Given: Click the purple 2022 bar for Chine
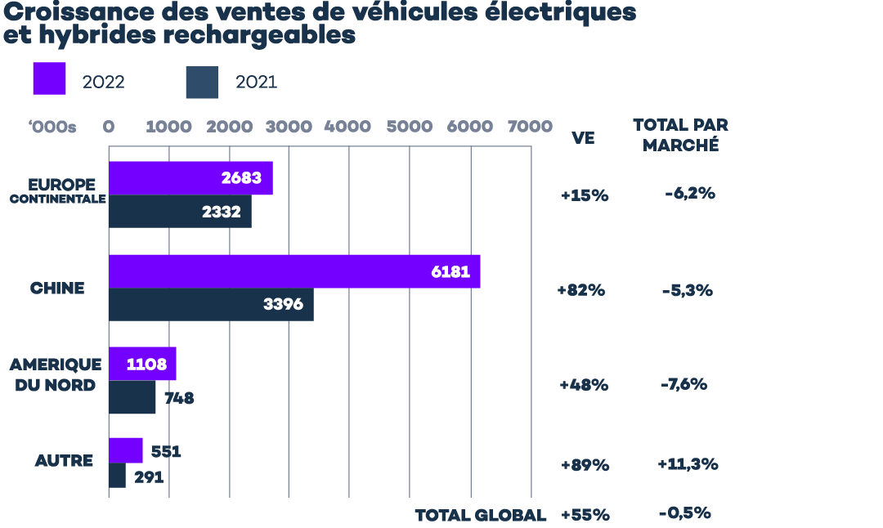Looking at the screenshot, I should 294,271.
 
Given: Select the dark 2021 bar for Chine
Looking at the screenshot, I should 211,304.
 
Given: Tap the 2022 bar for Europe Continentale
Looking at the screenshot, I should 190,178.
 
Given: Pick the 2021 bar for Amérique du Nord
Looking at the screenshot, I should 132,398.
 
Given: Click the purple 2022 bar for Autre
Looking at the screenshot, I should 126,450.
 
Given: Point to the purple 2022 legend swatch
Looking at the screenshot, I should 49,78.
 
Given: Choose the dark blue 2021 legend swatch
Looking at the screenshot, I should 202,83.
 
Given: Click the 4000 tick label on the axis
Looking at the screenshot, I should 347,127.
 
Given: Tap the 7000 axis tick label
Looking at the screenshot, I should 530,127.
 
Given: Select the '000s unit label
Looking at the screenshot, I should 52,127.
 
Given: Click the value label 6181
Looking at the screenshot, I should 450,271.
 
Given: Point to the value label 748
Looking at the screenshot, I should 179,399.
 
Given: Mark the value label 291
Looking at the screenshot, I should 149,477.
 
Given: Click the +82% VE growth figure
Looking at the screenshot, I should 580,290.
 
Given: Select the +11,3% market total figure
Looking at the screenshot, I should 687,464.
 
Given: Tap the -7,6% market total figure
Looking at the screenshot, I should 684,384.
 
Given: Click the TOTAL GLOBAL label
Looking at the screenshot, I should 480,516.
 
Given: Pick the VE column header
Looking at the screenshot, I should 583,138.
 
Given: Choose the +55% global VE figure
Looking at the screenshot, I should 585,516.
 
